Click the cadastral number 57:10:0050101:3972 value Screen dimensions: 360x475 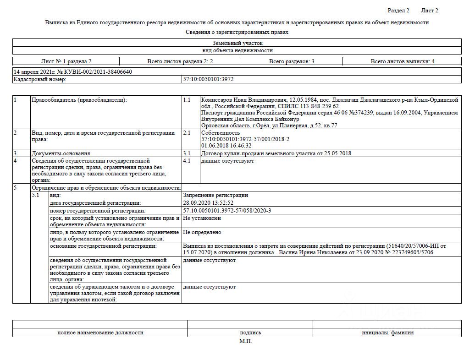point(208,79)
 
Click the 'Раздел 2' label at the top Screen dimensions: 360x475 point(398,11)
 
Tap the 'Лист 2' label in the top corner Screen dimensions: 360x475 point(429,11)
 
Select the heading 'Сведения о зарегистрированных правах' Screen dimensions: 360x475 point(237,32)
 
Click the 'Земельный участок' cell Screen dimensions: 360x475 point(237,43)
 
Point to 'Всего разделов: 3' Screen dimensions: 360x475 point(291,61)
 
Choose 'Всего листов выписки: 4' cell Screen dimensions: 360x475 point(403,61)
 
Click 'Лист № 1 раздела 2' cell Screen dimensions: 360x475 point(66,61)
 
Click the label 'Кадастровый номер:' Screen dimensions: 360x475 point(40,79)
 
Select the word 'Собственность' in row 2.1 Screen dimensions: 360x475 point(220,133)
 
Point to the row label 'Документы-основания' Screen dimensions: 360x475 point(61,153)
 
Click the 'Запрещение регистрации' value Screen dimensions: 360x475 point(215,195)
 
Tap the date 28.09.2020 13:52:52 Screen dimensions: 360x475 point(208,203)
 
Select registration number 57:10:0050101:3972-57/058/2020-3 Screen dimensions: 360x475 point(227,211)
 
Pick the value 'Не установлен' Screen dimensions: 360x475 point(202,218)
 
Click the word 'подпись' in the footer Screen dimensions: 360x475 point(250,333)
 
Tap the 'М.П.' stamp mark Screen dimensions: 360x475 point(245,341)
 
